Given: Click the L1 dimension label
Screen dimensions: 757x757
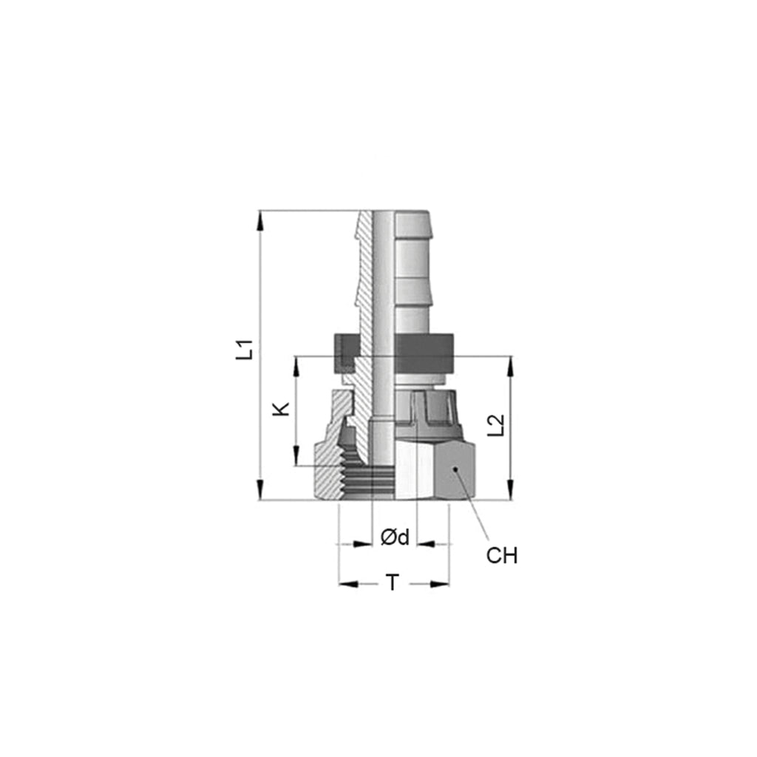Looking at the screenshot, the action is [245, 350].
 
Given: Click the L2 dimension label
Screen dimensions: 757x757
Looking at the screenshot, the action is [496, 425].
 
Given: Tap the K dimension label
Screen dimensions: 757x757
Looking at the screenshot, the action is [281, 409].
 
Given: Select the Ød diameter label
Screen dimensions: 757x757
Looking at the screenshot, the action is [395, 537].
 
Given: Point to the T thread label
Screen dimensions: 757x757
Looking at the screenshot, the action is [393, 583].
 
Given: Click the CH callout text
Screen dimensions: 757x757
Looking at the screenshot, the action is [502, 556].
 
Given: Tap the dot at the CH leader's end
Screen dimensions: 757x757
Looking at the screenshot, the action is [455, 469].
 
